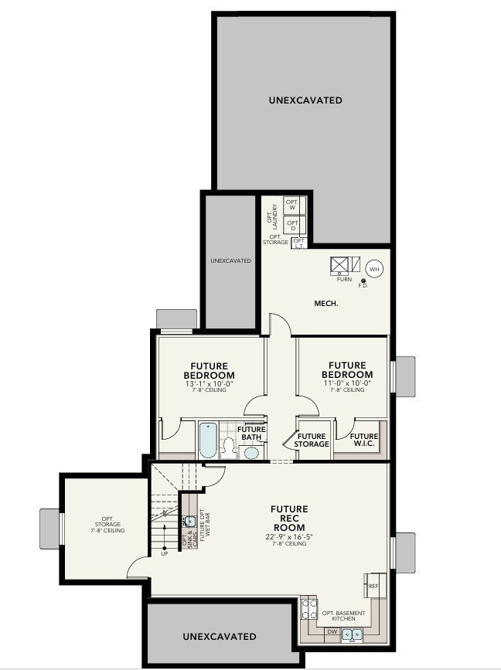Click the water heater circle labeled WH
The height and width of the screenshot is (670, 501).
click(374, 269)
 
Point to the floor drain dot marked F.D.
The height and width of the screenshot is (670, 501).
click(363, 281)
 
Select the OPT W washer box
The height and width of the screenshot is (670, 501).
click(292, 205)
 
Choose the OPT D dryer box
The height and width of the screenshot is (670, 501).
click(292, 225)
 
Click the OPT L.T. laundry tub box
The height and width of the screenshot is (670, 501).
click(298, 243)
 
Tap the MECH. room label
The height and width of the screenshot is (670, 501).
click(329, 303)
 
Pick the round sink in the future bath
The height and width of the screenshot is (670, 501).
click(251, 451)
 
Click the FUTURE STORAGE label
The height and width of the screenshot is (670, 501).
click(312, 440)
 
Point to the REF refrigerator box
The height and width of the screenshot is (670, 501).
click(374, 585)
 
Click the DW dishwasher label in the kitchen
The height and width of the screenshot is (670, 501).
click(332, 632)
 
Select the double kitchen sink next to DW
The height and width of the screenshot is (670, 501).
click(353, 634)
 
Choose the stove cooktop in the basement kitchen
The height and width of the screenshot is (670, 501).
click(308, 608)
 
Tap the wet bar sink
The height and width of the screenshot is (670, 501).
click(190, 521)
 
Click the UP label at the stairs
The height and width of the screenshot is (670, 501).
click(163, 553)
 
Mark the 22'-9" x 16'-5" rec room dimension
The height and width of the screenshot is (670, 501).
click(289, 536)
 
